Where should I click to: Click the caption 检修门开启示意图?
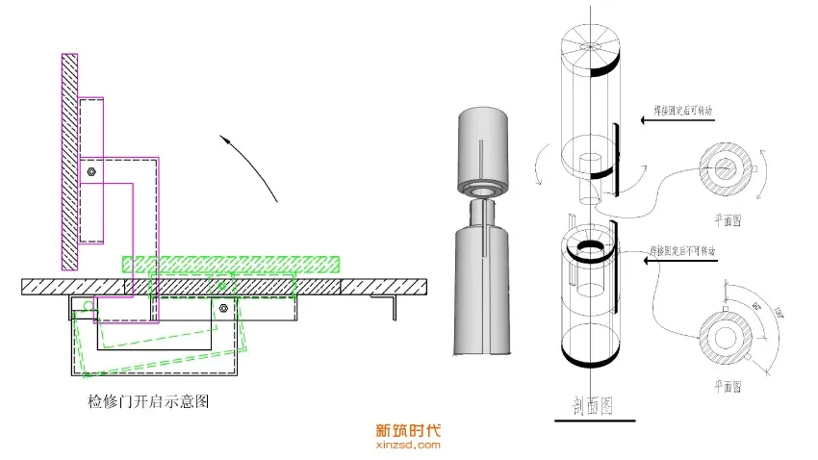(147, 403)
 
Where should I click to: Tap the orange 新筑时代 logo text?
(407, 432)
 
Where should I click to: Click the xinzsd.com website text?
(407, 446)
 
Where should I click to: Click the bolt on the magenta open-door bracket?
(89, 171)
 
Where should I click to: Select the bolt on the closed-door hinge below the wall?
(223, 308)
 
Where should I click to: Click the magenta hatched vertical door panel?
(69, 161)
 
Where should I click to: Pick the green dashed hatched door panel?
(231, 264)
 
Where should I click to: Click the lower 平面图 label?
(726, 386)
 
